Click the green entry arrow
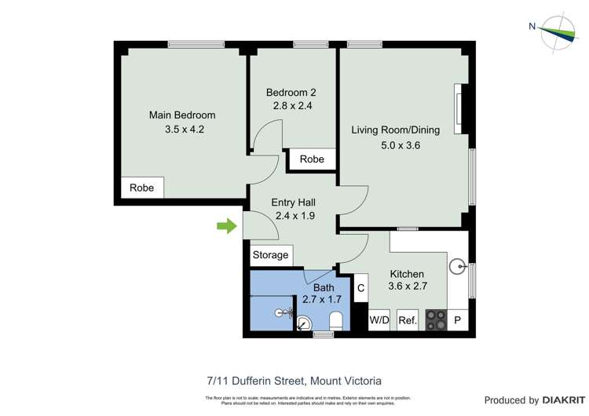[x=226, y=227]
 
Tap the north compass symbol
[x=558, y=32]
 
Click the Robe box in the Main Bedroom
[x=142, y=188]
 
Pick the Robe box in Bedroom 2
[x=312, y=159]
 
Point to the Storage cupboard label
[x=271, y=255]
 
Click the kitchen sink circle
[x=458, y=267]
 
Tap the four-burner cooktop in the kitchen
[x=436, y=319]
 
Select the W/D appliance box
[x=379, y=320]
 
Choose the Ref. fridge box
[x=407, y=320]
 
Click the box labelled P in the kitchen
[x=458, y=320]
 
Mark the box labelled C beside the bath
[x=361, y=288]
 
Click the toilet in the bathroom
[x=336, y=320]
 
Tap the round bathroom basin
[x=305, y=322]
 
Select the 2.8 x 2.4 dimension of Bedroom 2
[x=293, y=106]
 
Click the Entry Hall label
[x=294, y=202]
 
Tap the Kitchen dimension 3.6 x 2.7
[x=408, y=286]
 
